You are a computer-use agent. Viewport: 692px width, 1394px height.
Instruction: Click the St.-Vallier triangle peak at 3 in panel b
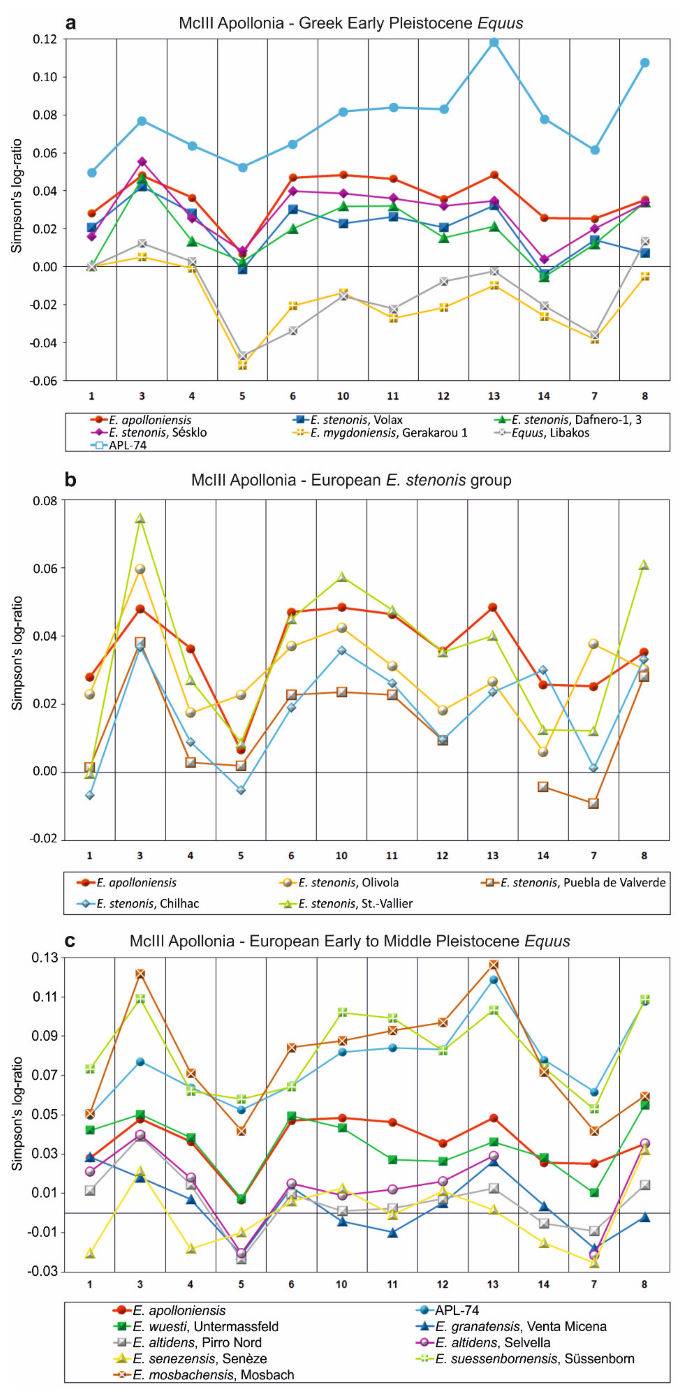pyautogui.click(x=140, y=518)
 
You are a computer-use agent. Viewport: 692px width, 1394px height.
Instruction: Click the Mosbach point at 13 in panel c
pyautogui.click(x=493, y=965)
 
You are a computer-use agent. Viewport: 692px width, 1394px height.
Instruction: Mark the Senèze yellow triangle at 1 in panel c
pyautogui.click(x=90, y=1253)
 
